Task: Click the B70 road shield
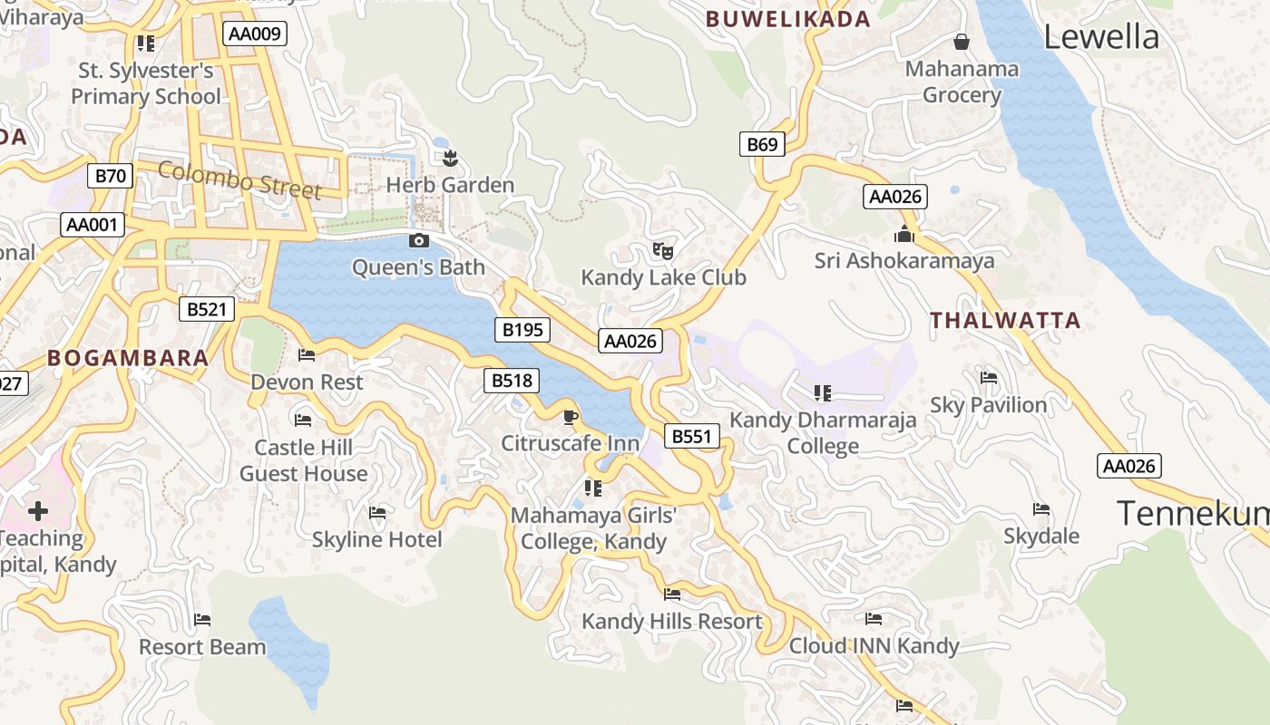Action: click(111, 176)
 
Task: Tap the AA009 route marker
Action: click(255, 34)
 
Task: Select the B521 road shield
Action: click(206, 309)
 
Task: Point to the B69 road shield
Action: click(762, 144)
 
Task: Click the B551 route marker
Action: click(691, 437)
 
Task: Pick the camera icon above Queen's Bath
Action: click(418, 240)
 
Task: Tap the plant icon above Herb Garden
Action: click(449, 159)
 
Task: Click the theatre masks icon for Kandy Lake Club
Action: click(663, 250)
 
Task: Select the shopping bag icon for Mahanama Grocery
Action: click(962, 42)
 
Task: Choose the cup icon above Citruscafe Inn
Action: click(570, 417)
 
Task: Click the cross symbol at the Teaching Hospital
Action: click(38, 510)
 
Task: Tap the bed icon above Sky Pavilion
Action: click(989, 377)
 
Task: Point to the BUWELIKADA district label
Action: click(787, 19)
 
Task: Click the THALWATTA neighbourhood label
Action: click(1005, 320)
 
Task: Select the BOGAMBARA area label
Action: click(128, 358)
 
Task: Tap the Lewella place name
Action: click(1101, 37)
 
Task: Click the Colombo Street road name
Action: click(239, 179)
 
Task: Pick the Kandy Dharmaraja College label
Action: click(823, 433)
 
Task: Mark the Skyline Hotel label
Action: click(376, 539)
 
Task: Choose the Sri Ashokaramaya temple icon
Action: click(904, 234)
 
